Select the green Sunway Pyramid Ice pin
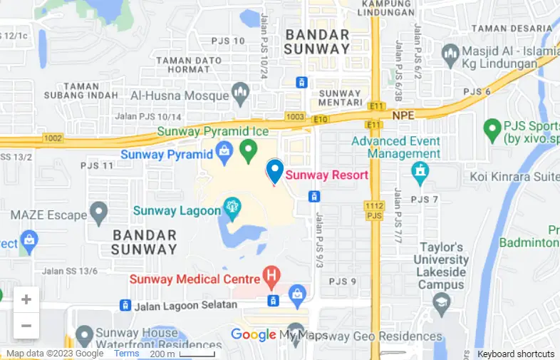248,150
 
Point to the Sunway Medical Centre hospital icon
271,274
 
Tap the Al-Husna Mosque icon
241,93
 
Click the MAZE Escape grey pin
98,212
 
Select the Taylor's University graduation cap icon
441,304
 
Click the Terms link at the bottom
127,354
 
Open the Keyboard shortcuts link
516,354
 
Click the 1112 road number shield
375,205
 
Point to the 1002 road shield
53,138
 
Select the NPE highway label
403,114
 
